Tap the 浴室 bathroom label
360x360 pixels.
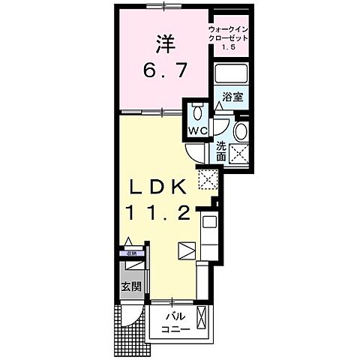(232, 97)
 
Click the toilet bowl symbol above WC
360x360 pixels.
(198, 112)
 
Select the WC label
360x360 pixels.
(197, 131)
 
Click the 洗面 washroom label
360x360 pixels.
(221, 151)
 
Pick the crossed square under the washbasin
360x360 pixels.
(240, 153)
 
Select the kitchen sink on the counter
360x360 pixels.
(208, 223)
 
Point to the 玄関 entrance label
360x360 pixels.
(130, 286)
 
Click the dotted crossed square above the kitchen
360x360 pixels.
(207, 177)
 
